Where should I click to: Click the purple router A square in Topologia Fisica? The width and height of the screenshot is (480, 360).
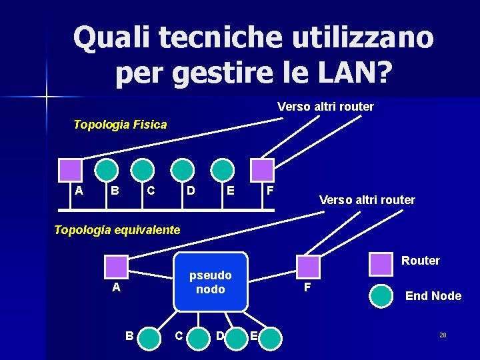(x=70, y=170)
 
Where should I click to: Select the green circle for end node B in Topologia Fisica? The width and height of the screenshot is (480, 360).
(x=106, y=170)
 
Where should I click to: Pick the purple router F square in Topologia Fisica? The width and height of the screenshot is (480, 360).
(x=262, y=170)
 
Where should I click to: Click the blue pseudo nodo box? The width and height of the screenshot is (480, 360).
(x=211, y=282)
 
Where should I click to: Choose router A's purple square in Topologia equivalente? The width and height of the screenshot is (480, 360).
(x=117, y=266)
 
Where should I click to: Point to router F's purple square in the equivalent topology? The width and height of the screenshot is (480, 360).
(x=308, y=266)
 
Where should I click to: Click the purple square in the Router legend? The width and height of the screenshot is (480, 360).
(x=381, y=263)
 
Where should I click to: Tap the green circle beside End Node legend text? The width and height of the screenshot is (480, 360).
(x=381, y=296)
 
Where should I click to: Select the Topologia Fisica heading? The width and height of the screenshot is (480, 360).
(x=120, y=125)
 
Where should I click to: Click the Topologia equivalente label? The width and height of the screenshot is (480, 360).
(x=117, y=230)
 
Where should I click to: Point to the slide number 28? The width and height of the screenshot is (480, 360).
(x=443, y=335)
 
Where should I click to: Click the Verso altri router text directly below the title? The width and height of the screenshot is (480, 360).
(x=325, y=107)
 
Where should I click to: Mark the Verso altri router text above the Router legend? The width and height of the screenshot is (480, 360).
(x=367, y=200)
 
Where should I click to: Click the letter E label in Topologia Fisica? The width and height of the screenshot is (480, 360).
(x=231, y=191)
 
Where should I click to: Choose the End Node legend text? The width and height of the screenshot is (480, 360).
(x=433, y=296)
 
